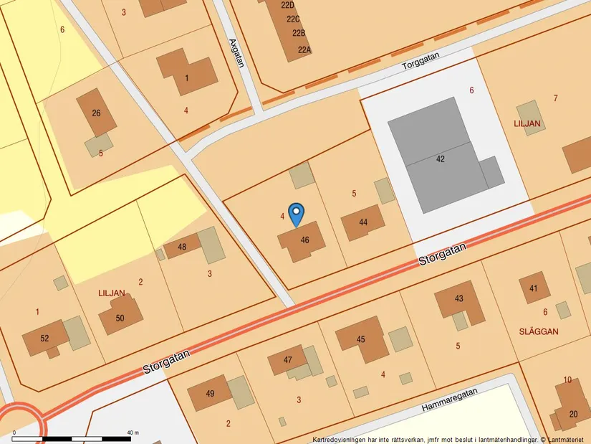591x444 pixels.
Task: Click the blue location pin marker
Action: pos(296,214)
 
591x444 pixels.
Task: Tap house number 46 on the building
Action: pos(305,240)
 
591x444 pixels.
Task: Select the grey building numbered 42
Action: pos(440,159)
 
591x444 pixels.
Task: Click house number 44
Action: pos(363,222)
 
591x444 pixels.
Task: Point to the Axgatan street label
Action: pos(237,52)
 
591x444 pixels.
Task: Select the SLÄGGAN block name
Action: pos(538,331)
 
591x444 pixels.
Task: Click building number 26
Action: pos(96,113)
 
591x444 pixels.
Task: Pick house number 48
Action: pos(182,247)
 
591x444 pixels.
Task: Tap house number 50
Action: pos(120,318)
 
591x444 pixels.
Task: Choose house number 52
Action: pos(44,339)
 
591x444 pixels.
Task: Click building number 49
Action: pos(210,393)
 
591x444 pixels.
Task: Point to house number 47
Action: pos(288,359)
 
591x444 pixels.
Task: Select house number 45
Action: pos(361,339)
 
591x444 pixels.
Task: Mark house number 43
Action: pos(459,298)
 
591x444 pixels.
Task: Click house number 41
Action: pos(534,288)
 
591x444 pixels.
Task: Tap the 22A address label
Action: pos(304,49)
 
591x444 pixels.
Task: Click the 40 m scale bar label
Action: pos(133,433)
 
